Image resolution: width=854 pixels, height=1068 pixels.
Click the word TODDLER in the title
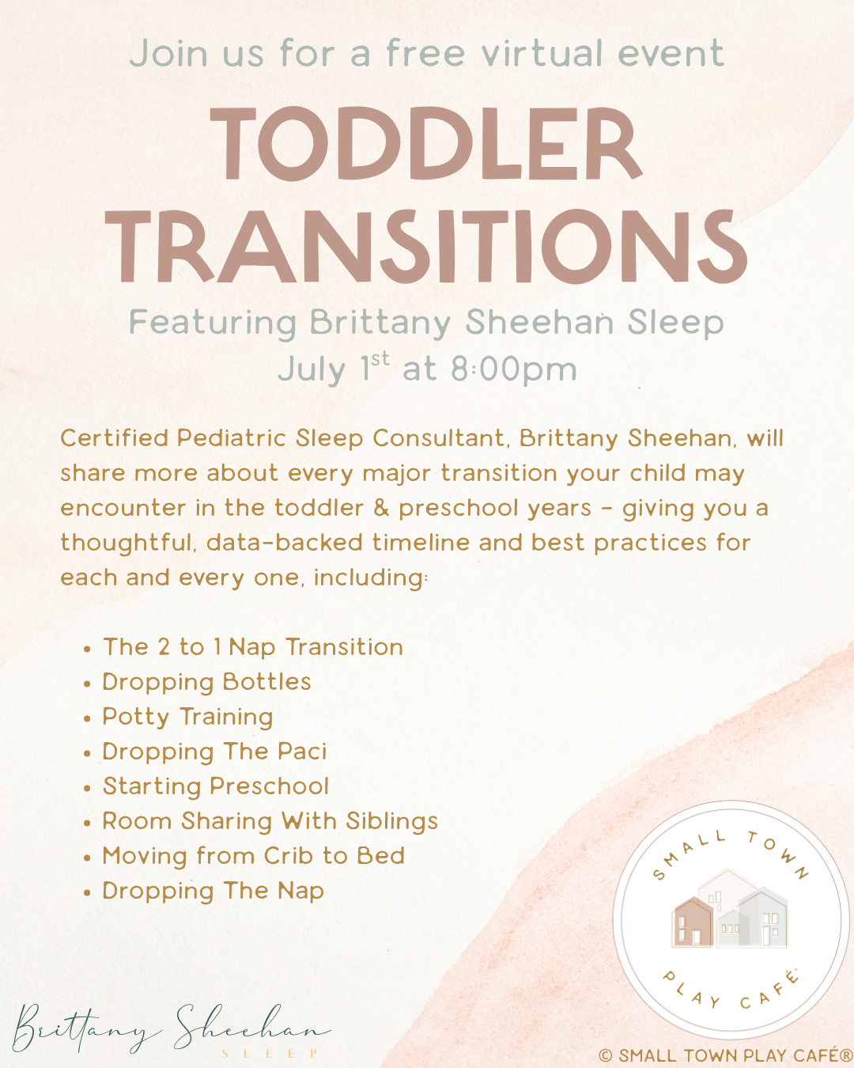(x=425, y=143)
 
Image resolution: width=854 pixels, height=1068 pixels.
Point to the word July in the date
(x=312, y=369)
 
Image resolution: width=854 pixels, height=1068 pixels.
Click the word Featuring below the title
(x=213, y=323)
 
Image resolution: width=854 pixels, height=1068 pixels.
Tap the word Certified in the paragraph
(x=114, y=438)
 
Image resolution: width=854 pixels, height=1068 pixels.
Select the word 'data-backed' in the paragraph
(x=285, y=542)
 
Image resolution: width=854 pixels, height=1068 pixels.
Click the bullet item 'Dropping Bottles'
(x=206, y=683)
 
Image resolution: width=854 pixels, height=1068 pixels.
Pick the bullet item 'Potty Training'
(x=187, y=718)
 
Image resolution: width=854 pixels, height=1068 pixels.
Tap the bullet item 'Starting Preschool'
(x=216, y=786)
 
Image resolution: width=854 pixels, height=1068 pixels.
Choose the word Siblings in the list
(x=392, y=822)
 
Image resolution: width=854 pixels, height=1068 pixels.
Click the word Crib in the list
(x=289, y=856)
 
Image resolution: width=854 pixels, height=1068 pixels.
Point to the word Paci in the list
(x=302, y=752)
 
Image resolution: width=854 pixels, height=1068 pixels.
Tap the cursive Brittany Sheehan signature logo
(x=172, y=1032)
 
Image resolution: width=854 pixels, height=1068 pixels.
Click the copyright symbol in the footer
(x=606, y=1055)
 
